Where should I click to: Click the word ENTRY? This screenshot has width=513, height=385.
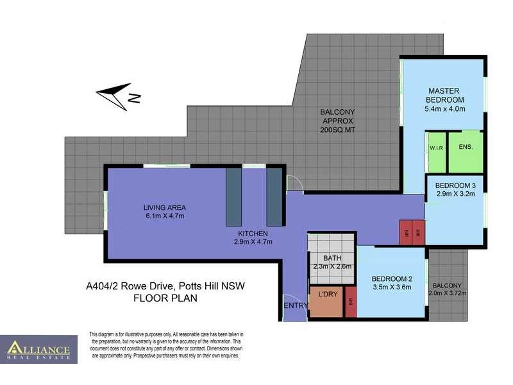tap(296, 305)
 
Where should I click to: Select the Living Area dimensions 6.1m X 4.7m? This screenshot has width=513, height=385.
tap(164, 216)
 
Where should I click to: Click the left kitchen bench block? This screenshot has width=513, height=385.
tap(234, 196)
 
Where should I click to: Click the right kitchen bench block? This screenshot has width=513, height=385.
tap(274, 196)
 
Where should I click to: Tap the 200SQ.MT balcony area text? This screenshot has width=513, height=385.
tap(337, 130)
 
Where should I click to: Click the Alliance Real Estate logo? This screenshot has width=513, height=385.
tap(38, 350)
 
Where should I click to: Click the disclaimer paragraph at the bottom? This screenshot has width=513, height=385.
tap(165, 345)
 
